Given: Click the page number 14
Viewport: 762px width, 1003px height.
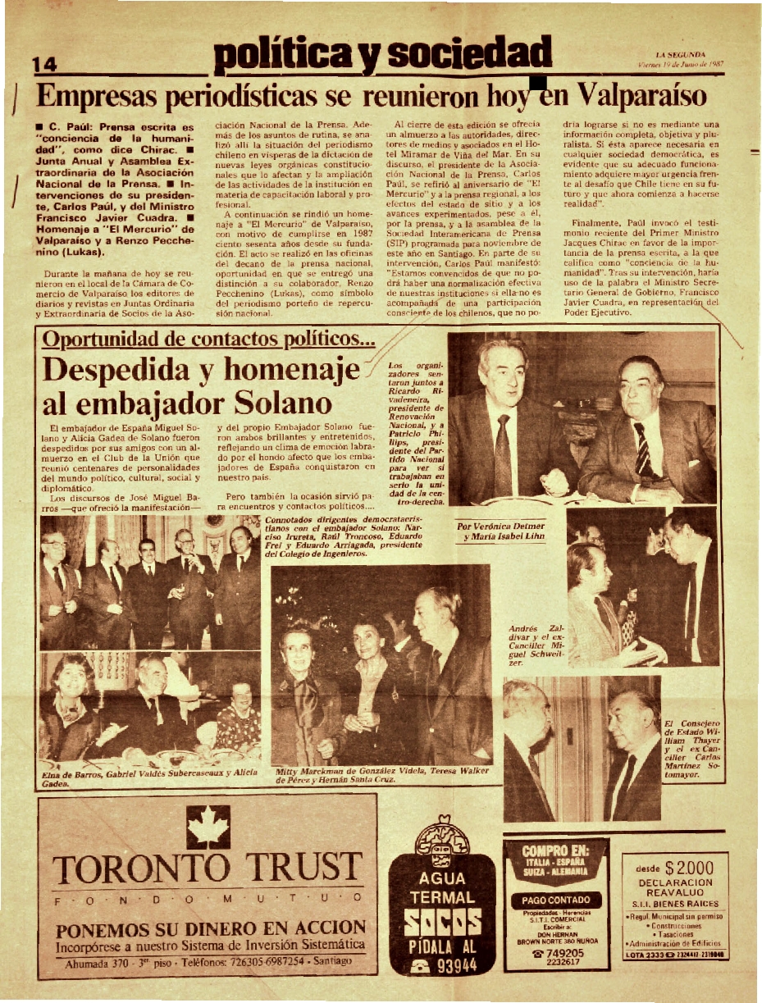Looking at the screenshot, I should (43, 64).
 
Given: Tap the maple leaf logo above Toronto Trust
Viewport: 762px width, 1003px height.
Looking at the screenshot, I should (208, 827).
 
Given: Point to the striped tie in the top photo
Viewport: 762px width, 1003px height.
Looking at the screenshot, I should (642, 451).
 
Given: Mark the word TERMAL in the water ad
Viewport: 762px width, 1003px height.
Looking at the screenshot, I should (443, 896).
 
